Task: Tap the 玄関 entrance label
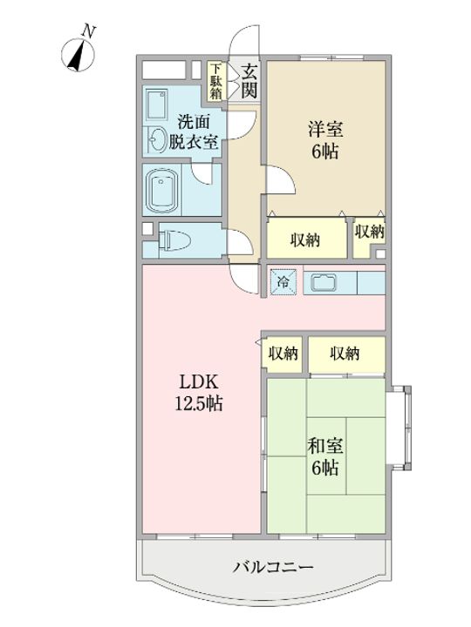click(x=249, y=82)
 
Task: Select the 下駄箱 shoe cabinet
click(x=216, y=81)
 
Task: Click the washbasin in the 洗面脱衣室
click(x=157, y=139)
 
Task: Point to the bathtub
click(x=162, y=191)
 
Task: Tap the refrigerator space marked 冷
click(x=283, y=282)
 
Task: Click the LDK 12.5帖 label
click(x=199, y=393)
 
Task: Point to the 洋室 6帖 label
click(x=324, y=140)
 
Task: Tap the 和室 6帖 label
click(x=324, y=456)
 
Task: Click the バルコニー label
click(x=274, y=567)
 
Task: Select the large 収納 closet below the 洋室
click(x=306, y=239)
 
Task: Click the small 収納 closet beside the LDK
click(x=283, y=354)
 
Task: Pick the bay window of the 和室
click(x=399, y=428)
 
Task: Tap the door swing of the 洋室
click(x=281, y=179)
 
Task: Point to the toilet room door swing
click(x=241, y=242)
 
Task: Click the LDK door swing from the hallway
click(x=243, y=280)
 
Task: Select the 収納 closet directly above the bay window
click(x=346, y=354)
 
